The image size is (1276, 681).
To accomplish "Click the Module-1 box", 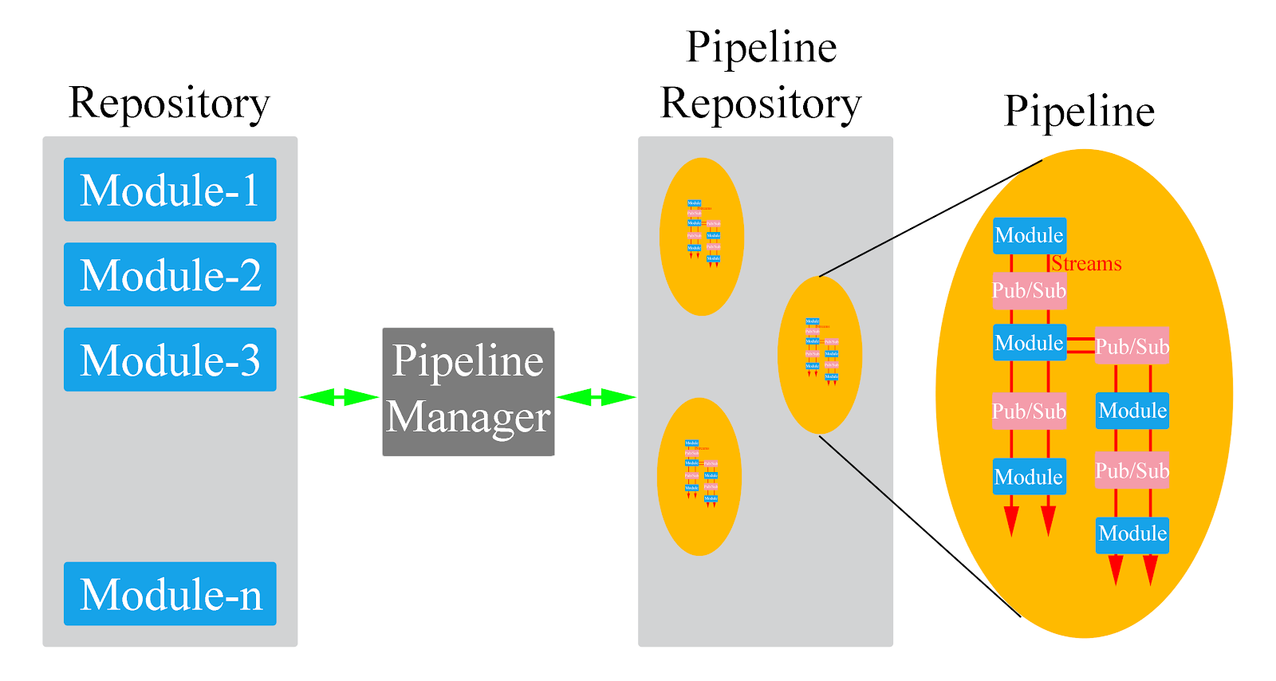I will [170, 190].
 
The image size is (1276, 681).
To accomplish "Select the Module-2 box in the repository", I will [170, 274].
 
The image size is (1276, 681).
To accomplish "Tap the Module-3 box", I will [170, 360].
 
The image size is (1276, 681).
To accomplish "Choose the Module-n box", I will [170, 594].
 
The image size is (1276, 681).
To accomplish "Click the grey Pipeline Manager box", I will [468, 392].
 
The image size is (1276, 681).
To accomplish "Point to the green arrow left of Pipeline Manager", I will [339, 397].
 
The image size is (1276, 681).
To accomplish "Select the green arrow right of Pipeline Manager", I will [596, 397].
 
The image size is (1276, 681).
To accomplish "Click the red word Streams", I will [1086, 264].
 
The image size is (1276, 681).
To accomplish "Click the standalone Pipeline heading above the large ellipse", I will [1079, 111].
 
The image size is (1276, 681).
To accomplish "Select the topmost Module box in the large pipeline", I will [1030, 236].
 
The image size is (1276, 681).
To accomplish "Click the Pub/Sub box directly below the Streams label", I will [1030, 290].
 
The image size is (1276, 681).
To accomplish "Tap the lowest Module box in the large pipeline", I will [1132, 533].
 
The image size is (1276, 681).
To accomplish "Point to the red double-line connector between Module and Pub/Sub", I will [1081, 344].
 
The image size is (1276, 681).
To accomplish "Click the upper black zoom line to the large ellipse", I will [931, 218].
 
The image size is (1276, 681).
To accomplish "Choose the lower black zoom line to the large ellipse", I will [920, 526].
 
